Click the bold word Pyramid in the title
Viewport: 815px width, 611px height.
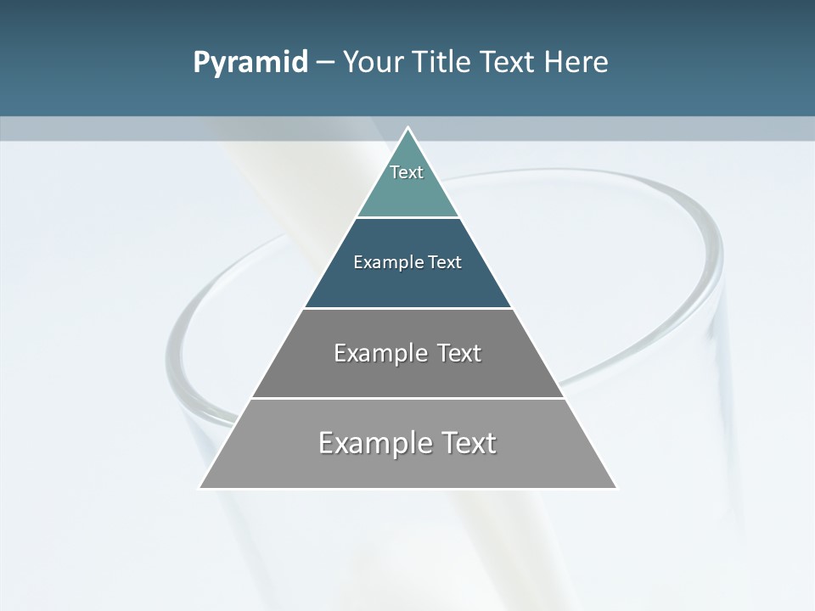pos(250,62)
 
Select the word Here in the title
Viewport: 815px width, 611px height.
pos(576,62)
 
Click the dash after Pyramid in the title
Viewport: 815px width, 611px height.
pos(324,63)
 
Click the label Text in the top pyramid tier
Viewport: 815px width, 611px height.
pos(406,172)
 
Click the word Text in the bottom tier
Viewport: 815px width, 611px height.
pos(467,443)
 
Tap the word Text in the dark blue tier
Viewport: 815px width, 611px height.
pos(445,262)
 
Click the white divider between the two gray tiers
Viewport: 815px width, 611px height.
pos(407,398)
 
